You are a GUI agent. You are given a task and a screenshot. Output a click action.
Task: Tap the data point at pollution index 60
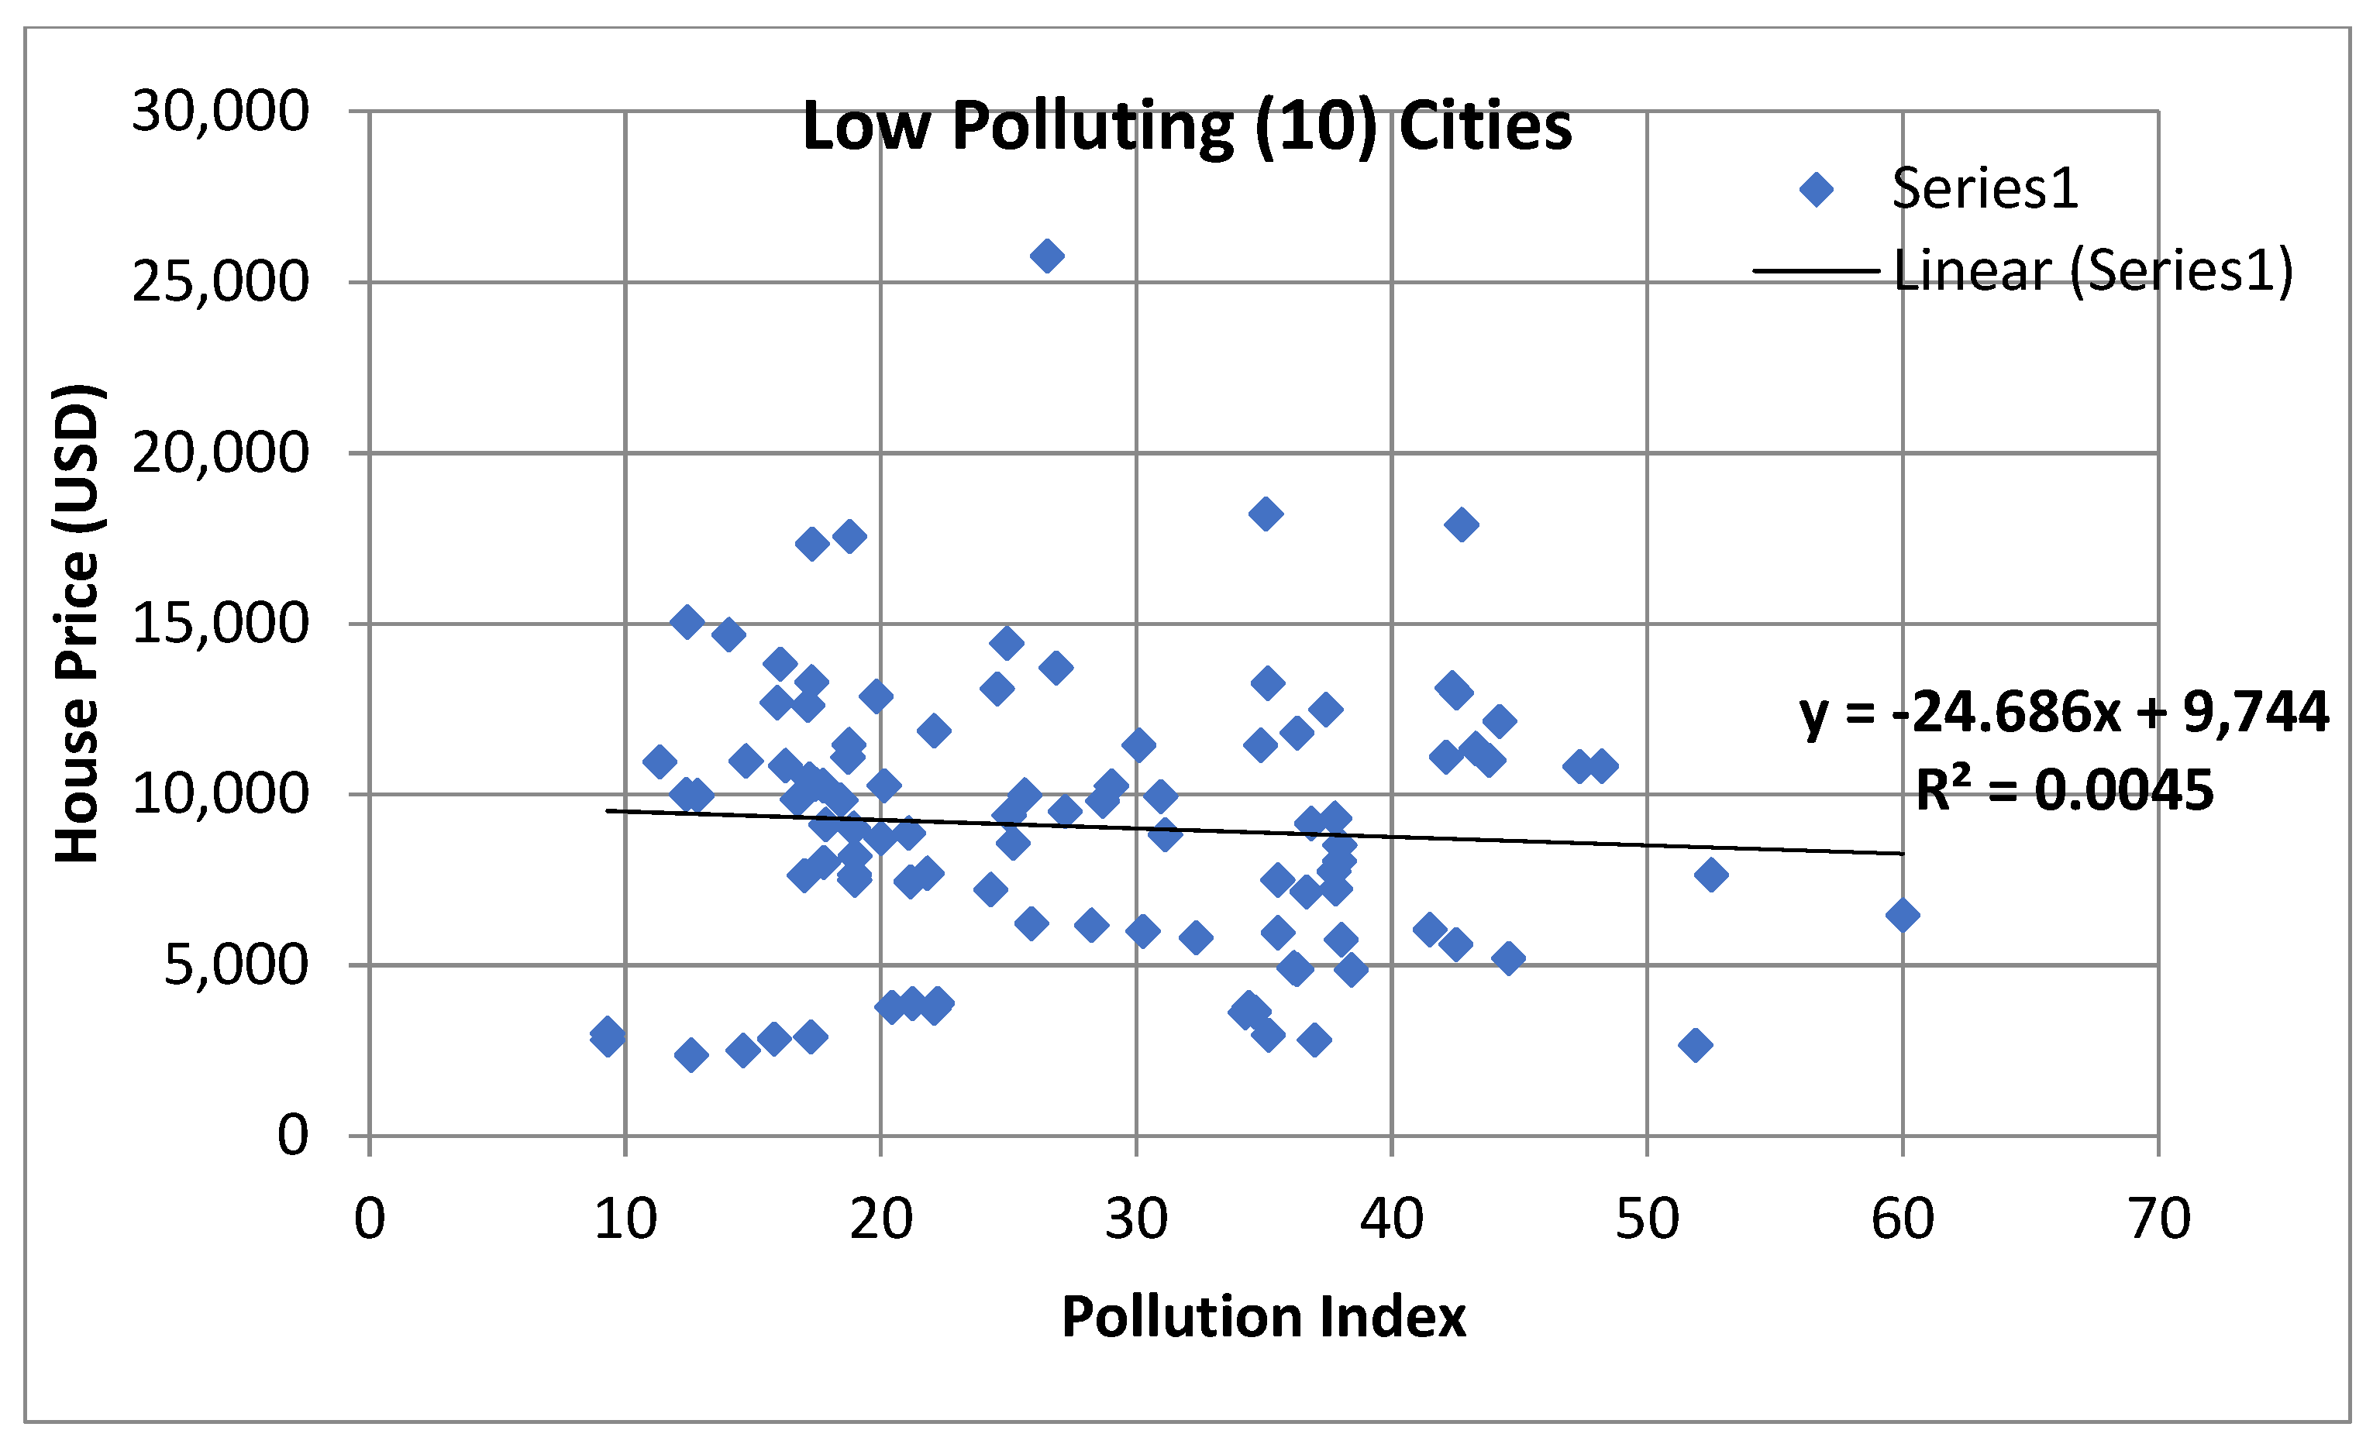tap(1902, 916)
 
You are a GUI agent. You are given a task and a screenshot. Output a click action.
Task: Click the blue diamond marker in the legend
tap(1817, 190)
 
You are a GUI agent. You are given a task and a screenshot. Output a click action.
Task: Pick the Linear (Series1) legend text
tap(2092, 270)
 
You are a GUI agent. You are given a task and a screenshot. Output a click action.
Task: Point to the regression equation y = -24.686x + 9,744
tap(2064, 713)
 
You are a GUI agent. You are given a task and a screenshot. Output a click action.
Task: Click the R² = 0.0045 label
tap(2064, 790)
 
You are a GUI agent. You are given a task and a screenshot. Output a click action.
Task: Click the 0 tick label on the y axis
tap(293, 1135)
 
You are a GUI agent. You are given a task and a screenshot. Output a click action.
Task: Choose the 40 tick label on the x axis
tap(1392, 1219)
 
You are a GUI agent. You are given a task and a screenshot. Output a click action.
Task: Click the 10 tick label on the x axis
tap(625, 1219)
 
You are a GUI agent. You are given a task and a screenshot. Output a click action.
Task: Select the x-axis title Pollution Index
tap(1263, 1318)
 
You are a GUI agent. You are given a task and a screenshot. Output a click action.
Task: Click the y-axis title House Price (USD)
tap(77, 624)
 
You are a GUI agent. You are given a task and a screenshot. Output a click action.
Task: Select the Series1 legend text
tap(1985, 189)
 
